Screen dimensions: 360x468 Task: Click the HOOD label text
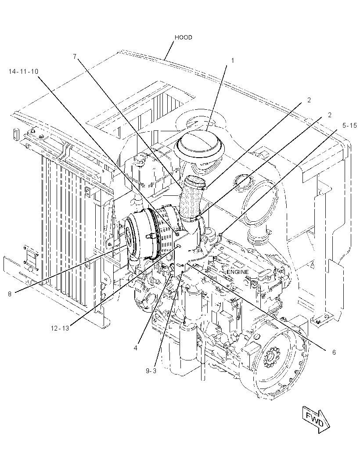click(x=183, y=37)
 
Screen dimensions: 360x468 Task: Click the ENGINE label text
click(x=238, y=272)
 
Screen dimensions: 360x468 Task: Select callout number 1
click(x=233, y=60)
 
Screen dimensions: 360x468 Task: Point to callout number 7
click(x=75, y=56)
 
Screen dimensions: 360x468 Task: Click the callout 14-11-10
click(x=23, y=71)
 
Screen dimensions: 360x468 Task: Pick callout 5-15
click(x=349, y=126)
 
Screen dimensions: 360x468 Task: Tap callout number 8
click(x=10, y=294)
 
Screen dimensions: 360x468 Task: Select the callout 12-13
click(x=60, y=328)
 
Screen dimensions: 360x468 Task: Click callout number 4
click(x=136, y=348)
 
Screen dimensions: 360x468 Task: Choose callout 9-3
click(x=151, y=371)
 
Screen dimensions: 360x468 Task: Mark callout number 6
click(x=334, y=353)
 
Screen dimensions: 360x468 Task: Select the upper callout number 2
click(x=309, y=100)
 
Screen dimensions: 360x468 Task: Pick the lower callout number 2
click(x=330, y=115)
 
